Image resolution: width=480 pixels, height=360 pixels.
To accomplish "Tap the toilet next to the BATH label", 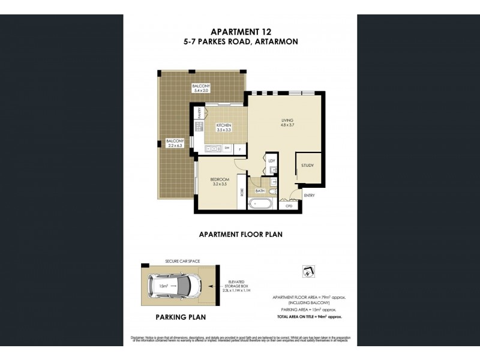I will pyautogui.click(x=274, y=192).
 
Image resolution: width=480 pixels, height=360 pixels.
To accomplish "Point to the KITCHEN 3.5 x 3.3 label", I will pyautogui.click(x=223, y=127).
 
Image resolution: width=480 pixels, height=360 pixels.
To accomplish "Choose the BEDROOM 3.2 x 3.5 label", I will pyautogui.click(x=219, y=181).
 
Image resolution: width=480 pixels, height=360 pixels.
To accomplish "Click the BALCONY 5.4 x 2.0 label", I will pyautogui.click(x=201, y=89).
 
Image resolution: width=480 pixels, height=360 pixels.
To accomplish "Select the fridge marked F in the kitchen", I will pyautogui.click(x=240, y=148).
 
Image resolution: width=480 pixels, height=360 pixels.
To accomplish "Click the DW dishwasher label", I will pyautogui.click(x=226, y=148).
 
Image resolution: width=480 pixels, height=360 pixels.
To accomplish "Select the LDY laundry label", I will pyautogui.click(x=272, y=161).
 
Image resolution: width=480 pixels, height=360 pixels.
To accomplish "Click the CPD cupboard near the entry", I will pyautogui.click(x=289, y=206).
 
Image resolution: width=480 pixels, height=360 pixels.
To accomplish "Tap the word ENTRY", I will pyautogui.click(x=309, y=195).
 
